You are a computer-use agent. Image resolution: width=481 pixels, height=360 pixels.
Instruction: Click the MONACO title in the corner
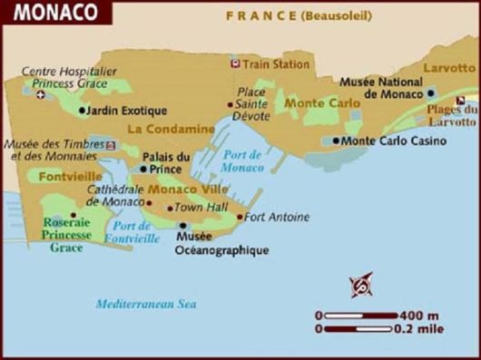coord(42,14)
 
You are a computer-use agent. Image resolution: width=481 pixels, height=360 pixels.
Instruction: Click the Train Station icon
coord(235,64)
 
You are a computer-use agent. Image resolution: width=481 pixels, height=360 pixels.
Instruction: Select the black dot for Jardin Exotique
coord(83,111)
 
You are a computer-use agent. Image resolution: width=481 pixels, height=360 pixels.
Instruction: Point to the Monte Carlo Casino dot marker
coord(336,141)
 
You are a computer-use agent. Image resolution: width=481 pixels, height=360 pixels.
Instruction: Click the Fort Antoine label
coord(277,217)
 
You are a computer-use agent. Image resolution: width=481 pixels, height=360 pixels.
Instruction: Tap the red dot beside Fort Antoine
coord(240,217)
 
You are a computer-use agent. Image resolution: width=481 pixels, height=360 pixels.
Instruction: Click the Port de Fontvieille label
coord(133,232)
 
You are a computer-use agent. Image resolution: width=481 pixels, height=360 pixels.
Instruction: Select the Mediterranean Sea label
coord(145,305)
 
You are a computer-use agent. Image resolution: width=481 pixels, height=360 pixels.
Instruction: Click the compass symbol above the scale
coord(361,285)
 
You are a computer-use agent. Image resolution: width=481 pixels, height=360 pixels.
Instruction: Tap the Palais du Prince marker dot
coord(143,169)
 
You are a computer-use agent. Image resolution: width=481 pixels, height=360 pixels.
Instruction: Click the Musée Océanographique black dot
coord(182,226)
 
